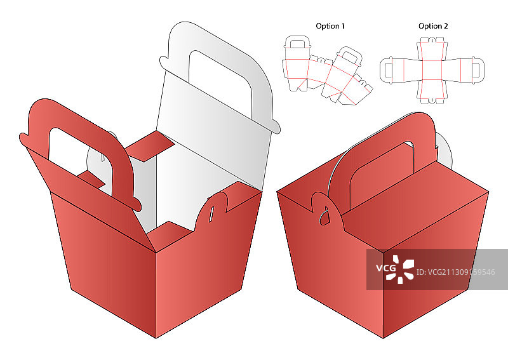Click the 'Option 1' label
coord(330,26)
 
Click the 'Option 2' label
coord(433,26)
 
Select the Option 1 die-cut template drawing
coord(327,70)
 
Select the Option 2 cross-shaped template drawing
coord(432,70)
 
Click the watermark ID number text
coord(455,272)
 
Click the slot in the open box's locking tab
coord(211,215)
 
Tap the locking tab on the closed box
coord(326,208)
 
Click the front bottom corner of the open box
coord(156,338)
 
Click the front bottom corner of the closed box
coord(384,338)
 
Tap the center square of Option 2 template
coord(432,70)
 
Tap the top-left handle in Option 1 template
coord(297,42)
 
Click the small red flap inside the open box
coord(149,146)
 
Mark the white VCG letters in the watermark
coord(385,269)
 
